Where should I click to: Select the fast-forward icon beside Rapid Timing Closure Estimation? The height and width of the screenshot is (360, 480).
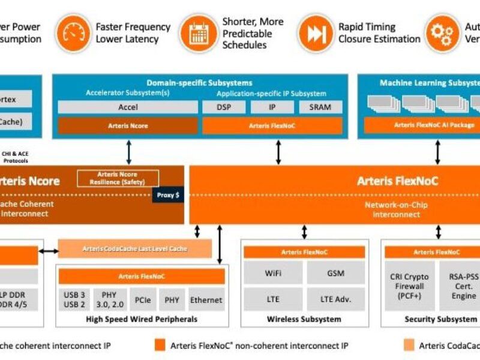tap(315, 32)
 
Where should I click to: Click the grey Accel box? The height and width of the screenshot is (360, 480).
tap(128, 107)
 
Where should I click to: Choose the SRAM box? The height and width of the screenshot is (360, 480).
tap(320, 107)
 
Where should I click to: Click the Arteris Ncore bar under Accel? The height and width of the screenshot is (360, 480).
tap(128, 125)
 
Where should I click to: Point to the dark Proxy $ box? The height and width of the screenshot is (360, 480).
tap(168, 195)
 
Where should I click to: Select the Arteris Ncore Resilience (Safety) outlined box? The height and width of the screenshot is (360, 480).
tap(118, 178)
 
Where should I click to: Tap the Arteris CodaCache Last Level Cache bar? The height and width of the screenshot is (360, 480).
tap(135, 248)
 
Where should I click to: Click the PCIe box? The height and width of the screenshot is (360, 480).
tap(143, 299)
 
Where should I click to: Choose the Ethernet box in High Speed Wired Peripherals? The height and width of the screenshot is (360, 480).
tap(206, 299)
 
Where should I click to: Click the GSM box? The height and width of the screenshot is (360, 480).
tap(335, 273)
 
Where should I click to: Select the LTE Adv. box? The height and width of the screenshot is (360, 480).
tap(335, 299)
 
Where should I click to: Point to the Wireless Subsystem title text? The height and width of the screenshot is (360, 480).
tap(304, 319)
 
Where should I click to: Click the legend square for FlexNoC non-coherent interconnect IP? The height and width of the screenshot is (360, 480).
tap(159, 345)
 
